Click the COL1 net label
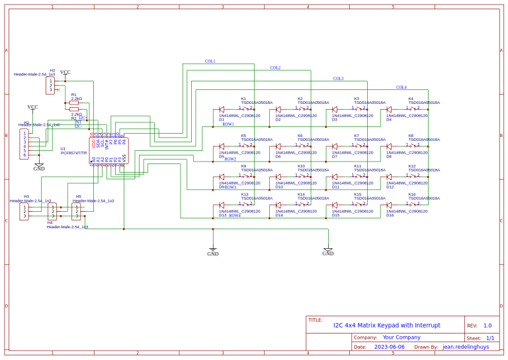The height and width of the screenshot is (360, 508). point(210,62)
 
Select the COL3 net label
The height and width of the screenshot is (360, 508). point(338,79)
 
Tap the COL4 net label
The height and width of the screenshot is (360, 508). point(402,87)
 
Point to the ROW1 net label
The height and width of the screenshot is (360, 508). point(228,124)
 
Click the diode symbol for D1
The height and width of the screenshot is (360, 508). point(222,109)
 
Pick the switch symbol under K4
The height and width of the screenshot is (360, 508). point(413,109)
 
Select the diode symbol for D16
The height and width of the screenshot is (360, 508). point(390,205)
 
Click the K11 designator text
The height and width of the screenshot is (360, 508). point(358,166)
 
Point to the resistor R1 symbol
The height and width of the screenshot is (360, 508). point(74,103)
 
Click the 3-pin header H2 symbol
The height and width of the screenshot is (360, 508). point(50,86)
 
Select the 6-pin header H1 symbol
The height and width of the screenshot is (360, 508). point(25,144)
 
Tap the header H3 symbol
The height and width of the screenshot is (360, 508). point(24,211)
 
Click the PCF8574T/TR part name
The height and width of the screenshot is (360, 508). point(73,153)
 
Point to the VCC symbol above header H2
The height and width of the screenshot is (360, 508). point(65,73)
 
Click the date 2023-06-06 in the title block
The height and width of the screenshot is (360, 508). point(390,347)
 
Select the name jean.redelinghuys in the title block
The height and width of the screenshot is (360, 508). point(466,347)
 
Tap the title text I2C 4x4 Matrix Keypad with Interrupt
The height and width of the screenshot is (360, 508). point(386,325)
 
